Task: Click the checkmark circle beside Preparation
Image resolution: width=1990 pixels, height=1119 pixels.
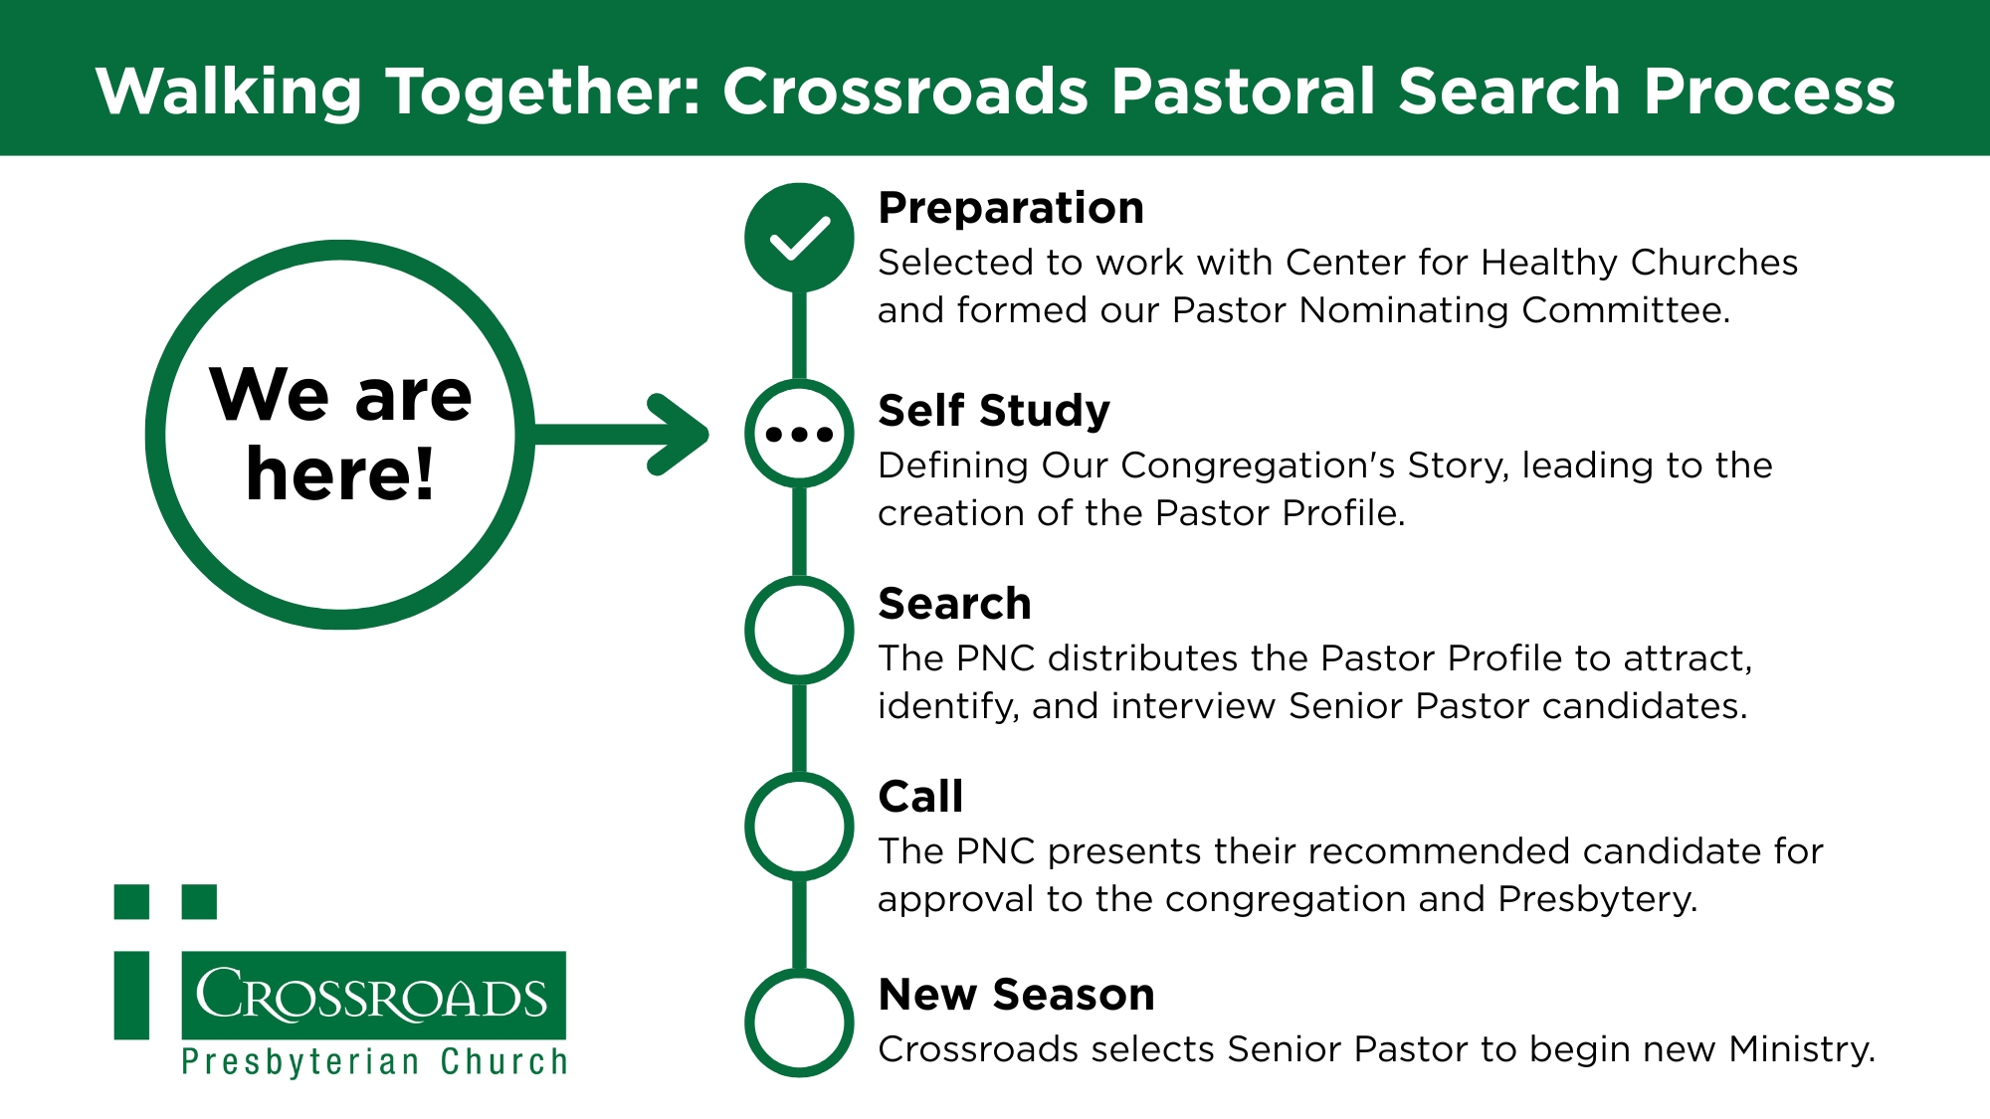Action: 799,238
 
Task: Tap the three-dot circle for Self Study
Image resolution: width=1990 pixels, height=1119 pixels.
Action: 799,434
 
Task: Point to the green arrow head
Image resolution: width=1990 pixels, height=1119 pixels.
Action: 680,435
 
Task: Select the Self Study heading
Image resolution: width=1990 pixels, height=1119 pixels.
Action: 994,412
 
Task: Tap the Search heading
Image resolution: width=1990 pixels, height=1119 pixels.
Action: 955,604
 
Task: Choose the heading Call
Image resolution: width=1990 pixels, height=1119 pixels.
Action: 921,797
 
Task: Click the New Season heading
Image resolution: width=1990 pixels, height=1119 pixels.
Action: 1017,995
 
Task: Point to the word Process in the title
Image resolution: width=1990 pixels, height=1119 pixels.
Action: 1769,93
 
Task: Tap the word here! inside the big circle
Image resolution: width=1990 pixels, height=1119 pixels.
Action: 340,473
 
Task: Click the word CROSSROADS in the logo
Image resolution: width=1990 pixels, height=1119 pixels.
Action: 372,995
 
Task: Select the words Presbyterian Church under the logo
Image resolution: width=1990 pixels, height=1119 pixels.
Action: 375,1062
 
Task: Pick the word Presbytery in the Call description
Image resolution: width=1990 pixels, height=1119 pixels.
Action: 1598,900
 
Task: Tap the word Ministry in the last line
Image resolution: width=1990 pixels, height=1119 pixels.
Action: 1802,1049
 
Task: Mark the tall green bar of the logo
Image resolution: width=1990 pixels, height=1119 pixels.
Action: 131,996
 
